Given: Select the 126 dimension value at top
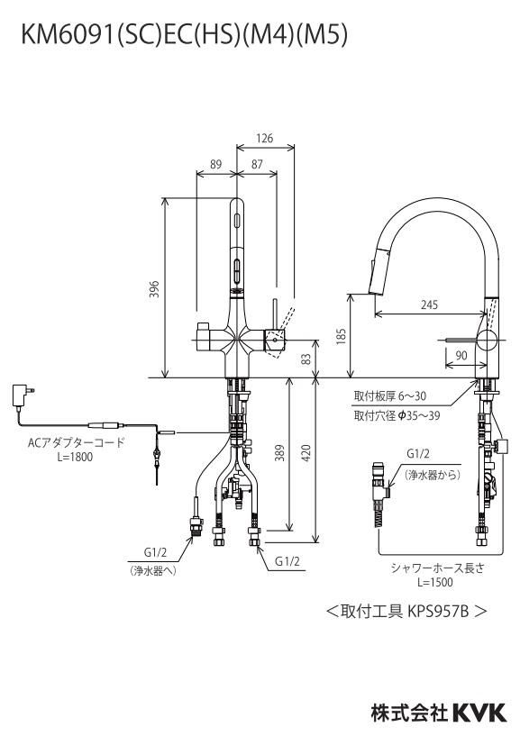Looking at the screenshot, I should click(x=264, y=138).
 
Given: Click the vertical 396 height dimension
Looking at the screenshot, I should click(x=154, y=288).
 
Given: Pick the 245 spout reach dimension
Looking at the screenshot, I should click(x=429, y=304).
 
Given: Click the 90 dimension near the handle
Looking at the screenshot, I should click(x=461, y=357).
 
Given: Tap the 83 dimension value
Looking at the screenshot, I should click(x=306, y=359).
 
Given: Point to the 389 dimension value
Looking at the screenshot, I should click(x=280, y=453).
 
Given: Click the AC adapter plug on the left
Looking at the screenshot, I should click(x=20, y=395).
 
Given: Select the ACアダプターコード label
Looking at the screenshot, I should click(x=75, y=442).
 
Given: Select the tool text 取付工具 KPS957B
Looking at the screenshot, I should click(x=406, y=611).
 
